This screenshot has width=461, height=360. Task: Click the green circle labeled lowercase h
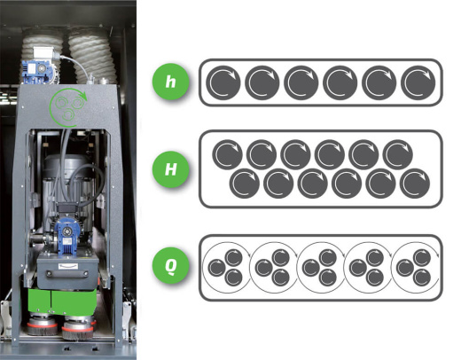point(170,82)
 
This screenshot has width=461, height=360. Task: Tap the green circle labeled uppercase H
point(170,169)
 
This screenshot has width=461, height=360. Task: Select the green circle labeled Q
point(170,265)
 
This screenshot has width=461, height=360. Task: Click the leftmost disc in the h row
point(223,82)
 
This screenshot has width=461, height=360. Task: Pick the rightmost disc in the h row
point(418,82)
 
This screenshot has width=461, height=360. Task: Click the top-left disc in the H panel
point(227,154)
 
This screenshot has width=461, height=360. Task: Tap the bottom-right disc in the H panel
point(415,184)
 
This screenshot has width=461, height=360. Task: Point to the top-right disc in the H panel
point(398,154)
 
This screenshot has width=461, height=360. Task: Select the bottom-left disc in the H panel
point(245,184)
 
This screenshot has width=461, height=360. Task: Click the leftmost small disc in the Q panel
point(217,268)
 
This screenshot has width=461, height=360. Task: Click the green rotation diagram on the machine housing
point(68,106)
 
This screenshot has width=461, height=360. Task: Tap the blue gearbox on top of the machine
point(38,72)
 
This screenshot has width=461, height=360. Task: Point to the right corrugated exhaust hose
point(91,56)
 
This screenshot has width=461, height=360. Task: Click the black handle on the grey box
point(67,273)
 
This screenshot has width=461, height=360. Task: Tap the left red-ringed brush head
point(43,325)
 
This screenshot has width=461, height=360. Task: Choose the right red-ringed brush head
point(78,328)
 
